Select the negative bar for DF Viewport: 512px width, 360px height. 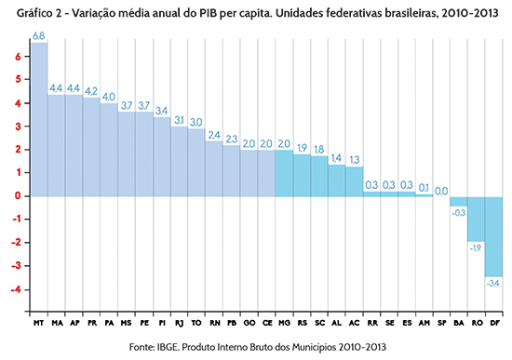coord(493,236)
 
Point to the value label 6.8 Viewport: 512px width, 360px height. coord(39,35)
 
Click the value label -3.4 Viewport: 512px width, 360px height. coord(493,283)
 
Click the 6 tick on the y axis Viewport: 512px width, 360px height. coord(18,57)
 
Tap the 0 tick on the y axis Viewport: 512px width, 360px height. coord(18,196)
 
